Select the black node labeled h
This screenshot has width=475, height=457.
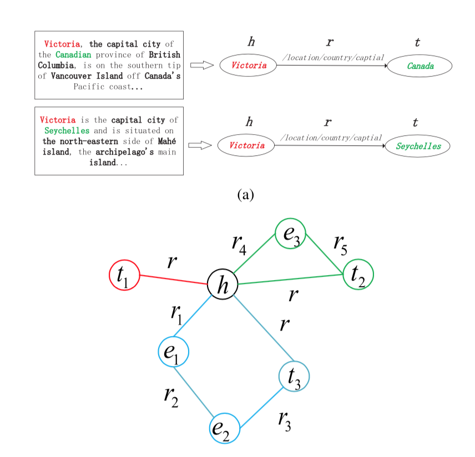[x=223, y=286]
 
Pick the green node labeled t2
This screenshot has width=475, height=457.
[x=358, y=274]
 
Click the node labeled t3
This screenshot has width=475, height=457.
[x=294, y=377]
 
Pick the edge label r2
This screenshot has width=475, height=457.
[x=171, y=395]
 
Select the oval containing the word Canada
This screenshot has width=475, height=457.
[x=420, y=66]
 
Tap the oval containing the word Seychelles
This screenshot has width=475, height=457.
[x=418, y=146]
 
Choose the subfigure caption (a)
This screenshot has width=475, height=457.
[x=245, y=194]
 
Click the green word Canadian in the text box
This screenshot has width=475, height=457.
[x=73, y=55]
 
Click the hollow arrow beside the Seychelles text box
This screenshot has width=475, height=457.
[x=198, y=146]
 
